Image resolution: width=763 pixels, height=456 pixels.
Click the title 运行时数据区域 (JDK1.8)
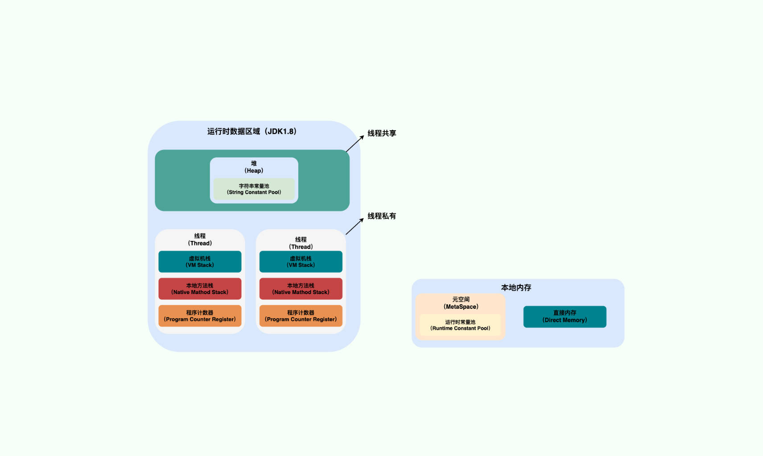coord(252,132)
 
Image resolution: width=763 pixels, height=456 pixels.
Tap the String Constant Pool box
coord(254,189)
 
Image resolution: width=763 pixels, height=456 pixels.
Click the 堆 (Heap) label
coord(254,167)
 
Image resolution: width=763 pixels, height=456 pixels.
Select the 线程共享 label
coord(381,133)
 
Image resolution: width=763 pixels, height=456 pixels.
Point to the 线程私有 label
coord(381,216)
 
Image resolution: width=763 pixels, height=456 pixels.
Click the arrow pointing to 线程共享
coord(355,144)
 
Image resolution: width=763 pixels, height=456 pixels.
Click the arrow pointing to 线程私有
coord(355,226)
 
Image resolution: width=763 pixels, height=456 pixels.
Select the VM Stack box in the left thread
coord(200,262)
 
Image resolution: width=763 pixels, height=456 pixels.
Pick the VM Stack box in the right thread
coord(301,262)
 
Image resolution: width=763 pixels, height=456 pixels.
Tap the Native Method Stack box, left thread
coord(200,289)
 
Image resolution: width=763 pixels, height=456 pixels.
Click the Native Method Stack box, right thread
coord(301,289)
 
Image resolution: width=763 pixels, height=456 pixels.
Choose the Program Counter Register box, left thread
coord(200,316)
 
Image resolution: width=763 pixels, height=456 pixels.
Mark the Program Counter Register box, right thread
coord(301,316)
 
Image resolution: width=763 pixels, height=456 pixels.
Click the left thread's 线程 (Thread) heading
coord(200,240)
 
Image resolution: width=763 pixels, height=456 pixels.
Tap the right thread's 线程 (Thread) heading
coord(301,243)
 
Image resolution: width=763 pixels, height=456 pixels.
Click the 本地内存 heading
coord(516,288)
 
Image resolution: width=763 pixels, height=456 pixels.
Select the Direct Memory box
coord(565,317)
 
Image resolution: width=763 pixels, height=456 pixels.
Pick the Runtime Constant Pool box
coord(460,325)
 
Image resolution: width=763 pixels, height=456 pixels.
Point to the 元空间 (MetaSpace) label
coord(461,303)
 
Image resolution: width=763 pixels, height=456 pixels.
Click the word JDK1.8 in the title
coord(281,132)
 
